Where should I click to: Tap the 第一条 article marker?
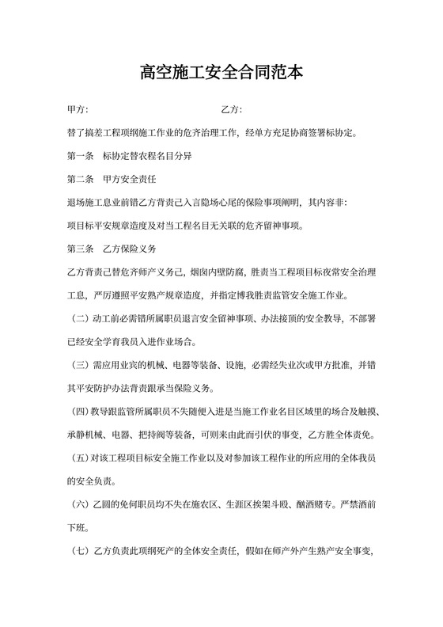81,156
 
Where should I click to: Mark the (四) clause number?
78,412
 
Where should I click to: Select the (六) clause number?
78,504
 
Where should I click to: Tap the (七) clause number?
78,551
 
